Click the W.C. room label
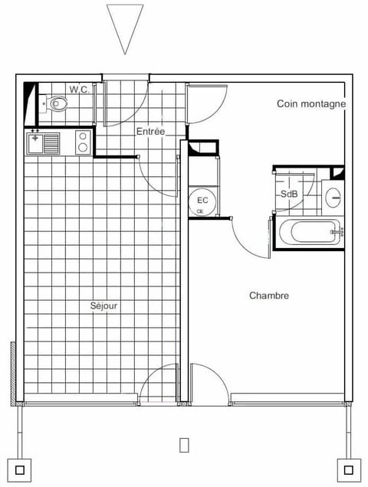click(80, 90)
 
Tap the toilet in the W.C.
click(57, 103)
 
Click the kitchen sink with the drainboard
click(44, 142)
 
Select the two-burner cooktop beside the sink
click(84, 142)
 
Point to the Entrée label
click(151, 132)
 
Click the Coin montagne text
click(311, 104)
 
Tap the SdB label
click(289, 194)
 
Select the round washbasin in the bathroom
click(333, 198)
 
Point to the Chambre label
click(269, 296)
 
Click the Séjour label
click(103, 306)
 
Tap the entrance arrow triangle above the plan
click(125, 28)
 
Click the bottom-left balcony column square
click(19, 469)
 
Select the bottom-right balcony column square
click(348, 469)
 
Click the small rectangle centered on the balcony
click(184, 444)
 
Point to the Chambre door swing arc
click(249, 243)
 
